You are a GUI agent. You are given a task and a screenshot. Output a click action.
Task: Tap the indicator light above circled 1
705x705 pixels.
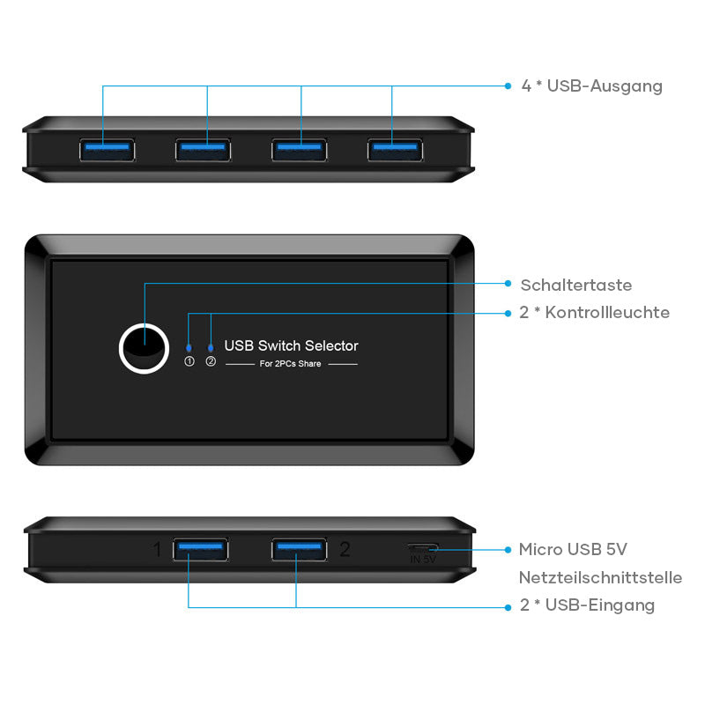(x=189, y=347)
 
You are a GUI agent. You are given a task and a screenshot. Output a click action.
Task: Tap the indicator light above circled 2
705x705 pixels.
(x=210, y=347)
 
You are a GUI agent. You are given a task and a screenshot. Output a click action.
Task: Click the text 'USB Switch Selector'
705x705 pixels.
(x=291, y=346)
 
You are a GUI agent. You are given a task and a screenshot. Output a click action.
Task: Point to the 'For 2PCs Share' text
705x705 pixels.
(x=292, y=364)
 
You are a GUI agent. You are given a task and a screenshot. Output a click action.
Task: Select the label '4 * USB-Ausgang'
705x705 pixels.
(x=591, y=86)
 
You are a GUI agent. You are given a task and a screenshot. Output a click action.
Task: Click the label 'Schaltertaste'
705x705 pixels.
(x=575, y=285)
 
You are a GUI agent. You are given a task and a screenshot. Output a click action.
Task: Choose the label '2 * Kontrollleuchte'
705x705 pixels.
(x=595, y=313)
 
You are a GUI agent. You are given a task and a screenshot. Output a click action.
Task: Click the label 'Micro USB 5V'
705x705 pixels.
(x=573, y=550)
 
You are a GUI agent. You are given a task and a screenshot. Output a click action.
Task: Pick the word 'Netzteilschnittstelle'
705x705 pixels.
(x=600, y=578)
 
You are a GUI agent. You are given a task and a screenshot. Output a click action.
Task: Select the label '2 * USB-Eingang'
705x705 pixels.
(x=588, y=605)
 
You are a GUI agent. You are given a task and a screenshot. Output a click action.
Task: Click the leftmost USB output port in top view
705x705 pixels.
(x=108, y=150)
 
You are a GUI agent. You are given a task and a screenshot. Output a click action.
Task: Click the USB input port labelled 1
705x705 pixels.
(x=201, y=550)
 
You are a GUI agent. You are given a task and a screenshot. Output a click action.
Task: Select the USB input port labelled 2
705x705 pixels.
(x=299, y=550)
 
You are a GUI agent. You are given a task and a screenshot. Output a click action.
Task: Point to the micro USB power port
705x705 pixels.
(x=423, y=548)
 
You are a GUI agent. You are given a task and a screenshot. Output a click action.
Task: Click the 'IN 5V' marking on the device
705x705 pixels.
(x=423, y=559)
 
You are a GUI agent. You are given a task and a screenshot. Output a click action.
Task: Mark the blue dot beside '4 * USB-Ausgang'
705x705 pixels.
(x=508, y=85)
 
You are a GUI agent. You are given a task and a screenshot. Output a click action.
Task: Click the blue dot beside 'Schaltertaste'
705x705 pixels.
(x=508, y=284)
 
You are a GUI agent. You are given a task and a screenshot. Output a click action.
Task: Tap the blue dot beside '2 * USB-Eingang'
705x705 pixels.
(x=508, y=606)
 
